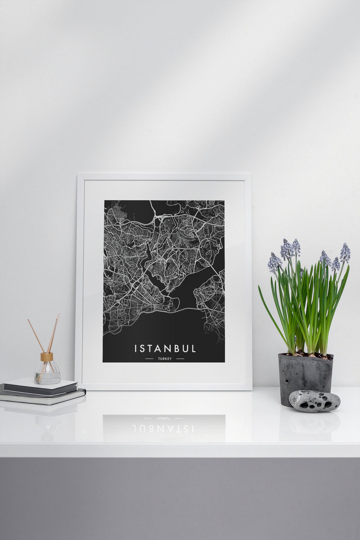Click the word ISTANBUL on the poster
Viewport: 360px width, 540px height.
[x=165, y=349]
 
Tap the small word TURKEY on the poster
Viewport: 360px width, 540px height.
[x=165, y=359]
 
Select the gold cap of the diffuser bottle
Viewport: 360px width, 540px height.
[x=47, y=356]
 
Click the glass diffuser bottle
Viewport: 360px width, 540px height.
[x=47, y=372]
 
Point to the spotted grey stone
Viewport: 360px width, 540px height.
[x=314, y=401]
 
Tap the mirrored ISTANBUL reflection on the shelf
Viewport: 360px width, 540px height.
[x=163, y=428]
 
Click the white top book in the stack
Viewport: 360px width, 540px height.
[x=40, y=382]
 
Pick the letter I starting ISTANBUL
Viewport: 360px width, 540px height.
[x=136, y=349]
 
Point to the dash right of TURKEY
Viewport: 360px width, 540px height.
[x=180, y=359]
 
